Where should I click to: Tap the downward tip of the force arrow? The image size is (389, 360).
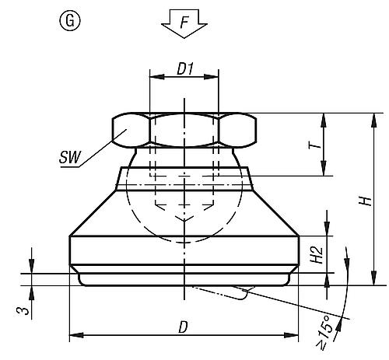click(184, 37)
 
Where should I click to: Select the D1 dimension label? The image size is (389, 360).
click(184, 69)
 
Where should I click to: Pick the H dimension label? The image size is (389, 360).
click(363, 201)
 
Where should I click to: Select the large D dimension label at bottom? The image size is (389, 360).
click(184, 327)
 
